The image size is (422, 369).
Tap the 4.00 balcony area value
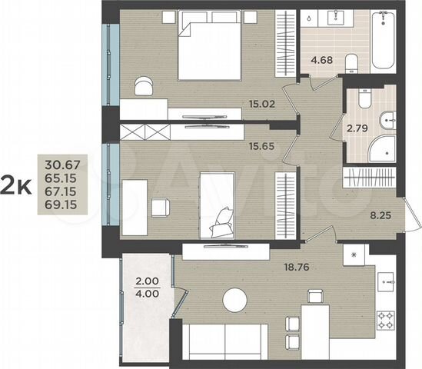(x=145, y=292)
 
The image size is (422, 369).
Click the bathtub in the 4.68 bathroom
(x=385, y=43)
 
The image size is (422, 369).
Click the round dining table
(x=235, y=301)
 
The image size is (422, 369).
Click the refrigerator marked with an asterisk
(x=354, y=254)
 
